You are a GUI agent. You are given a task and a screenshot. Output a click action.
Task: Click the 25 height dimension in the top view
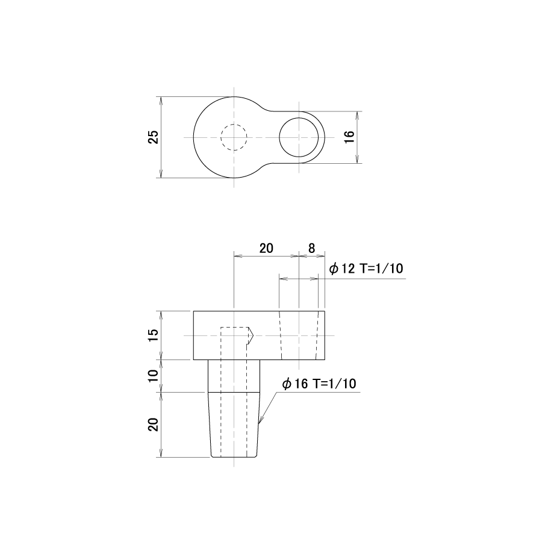154,137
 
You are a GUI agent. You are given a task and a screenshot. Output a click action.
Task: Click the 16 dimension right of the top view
349,137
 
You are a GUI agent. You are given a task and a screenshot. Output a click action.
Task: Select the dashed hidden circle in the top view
234,137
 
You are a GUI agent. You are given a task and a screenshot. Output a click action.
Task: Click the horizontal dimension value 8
311,248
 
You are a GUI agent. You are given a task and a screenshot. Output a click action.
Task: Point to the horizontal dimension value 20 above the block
266,248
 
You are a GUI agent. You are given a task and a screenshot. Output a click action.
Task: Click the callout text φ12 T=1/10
366,269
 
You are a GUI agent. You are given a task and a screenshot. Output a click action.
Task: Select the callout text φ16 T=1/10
319,384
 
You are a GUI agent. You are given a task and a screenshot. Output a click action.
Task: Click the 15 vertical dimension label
154,335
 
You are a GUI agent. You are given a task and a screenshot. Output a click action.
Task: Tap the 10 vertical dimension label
154,376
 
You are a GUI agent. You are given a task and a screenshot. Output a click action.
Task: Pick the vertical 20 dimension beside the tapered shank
154,425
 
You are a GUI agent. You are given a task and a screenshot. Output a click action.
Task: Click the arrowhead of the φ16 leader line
260,421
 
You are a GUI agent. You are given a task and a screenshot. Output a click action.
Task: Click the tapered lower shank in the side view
234,425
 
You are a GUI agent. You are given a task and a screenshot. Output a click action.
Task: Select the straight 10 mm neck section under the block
234,376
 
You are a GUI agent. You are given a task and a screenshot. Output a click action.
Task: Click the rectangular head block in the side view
259,335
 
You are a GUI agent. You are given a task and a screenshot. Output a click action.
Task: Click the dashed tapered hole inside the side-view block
299,335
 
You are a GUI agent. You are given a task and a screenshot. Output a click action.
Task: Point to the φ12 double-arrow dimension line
299,279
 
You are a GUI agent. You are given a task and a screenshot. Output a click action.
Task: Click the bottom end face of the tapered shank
234,457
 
